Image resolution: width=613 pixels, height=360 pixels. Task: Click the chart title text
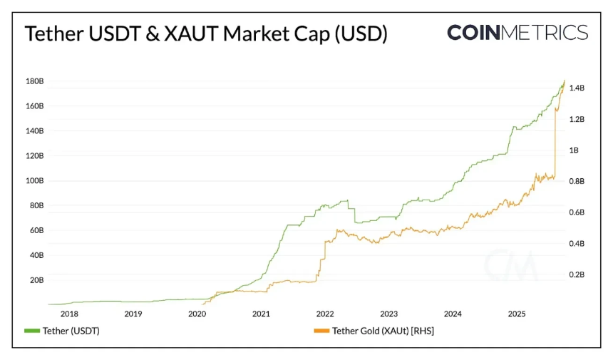tap(206, 34)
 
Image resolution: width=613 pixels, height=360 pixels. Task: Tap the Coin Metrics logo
tap(517, 33)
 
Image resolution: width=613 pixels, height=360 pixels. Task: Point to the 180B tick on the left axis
tap(34, 81)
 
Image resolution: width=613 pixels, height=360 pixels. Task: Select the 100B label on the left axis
tap(34, 181)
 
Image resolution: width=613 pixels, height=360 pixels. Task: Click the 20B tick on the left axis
tap(36, 280)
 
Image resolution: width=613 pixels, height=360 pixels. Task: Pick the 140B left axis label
tap(34, 131)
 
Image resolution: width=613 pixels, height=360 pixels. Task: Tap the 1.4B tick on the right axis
tap(577, 88)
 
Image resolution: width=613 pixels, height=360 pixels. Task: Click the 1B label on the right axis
tap(574, 150)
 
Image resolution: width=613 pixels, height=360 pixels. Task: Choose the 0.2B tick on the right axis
tap(577, 274)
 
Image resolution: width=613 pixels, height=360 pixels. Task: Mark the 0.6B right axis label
tap(577, 212)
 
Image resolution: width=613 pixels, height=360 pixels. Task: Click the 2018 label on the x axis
tap(69, 314)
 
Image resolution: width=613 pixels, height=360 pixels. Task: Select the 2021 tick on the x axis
tap(261, 314)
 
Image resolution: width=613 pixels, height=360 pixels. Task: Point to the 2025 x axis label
tap(516, 314)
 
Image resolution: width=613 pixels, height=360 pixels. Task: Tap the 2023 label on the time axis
tap(388, 314)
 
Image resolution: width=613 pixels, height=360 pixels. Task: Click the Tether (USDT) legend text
tap(71, 331)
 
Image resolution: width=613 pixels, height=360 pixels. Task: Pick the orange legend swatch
tap(321, 331)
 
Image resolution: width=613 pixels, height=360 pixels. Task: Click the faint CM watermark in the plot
tap(511, 266)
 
